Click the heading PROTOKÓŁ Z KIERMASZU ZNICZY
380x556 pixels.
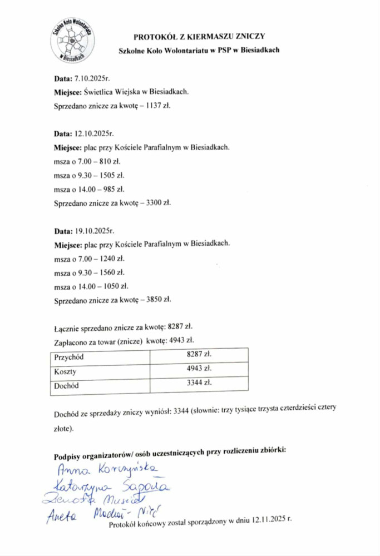point(199,37)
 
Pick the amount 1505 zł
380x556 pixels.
point(109,175)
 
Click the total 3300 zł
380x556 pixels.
point(158,202)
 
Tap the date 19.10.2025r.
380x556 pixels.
point(95,231)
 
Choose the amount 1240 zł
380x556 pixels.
point(109,259)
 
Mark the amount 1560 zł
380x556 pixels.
point(109,272)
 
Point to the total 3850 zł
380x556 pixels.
point(158,300)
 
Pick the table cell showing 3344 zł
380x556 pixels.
point(199,383)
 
